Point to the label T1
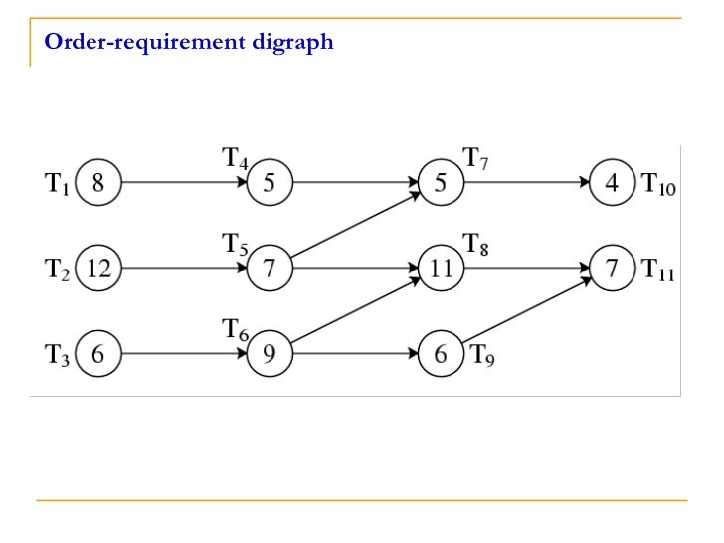pyautogui.click(x=58, y=184)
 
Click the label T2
pyautogui.click(x=58, y=269)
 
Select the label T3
pyautogui.click(x=58, y=354)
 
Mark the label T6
pyautogui.click(x=235, y=329)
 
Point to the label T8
pyautogui.click(x=476, y=242)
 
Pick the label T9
pyautogui.click(x=482, y=354)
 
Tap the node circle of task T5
pyautogui.click(x=270, y=268)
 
